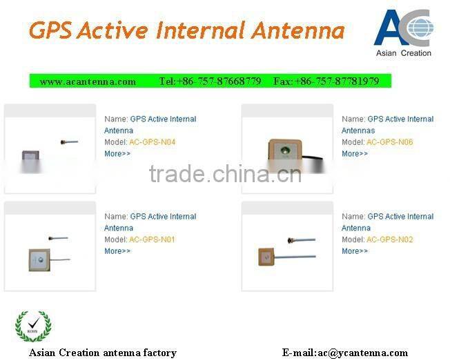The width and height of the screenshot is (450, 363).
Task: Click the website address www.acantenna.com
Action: pyautogui.click(x=88, y=81)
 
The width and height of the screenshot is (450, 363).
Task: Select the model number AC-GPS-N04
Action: pyautogui.click(x=152, y=142)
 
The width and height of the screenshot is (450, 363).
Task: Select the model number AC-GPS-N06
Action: pyautogui.click(x=389, y=142)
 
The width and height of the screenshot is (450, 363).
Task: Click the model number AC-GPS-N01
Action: pyautogui.click(x=152, y=239)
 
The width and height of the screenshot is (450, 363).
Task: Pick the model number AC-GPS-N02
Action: pyautogui.click(x=389, y=239)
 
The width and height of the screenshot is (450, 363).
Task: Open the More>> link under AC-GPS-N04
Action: pyautogui.click(x=117, y=154)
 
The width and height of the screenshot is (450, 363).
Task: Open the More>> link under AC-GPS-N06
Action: pyautogui.click(x=355, y=154)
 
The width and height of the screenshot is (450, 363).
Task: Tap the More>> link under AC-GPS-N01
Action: pyautogui.click(x=117, y=251)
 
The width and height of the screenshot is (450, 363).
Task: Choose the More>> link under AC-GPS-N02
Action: pyautogui.click(x=355, y=251)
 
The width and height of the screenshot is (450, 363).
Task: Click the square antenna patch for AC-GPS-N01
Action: pyautogui.click(x=40, y=257)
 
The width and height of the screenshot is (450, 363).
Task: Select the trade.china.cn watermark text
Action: pyautogui.click(x=225, y=174)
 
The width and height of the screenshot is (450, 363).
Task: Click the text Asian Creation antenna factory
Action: pyautogui.click(x=102, y=353)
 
